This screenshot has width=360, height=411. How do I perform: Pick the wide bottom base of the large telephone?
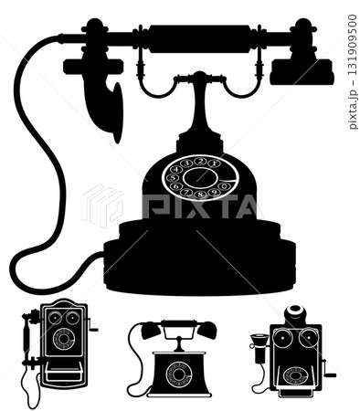click(199, 265)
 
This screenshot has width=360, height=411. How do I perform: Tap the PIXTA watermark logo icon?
click(101, 205)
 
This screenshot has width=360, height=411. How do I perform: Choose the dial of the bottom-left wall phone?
click(64, 339)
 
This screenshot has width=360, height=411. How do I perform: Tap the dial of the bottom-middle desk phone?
click(179, 374)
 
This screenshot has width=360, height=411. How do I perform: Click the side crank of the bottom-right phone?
click(328, 372)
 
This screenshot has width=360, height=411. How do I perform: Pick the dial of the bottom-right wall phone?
click(295, 374)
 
